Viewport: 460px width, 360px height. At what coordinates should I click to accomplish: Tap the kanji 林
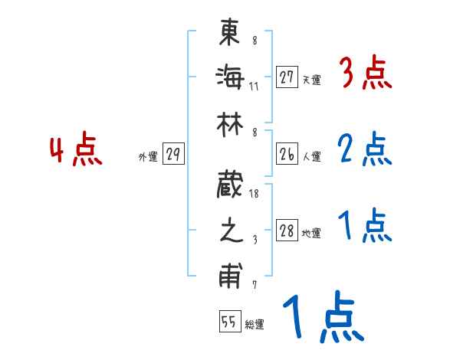pos(230,122)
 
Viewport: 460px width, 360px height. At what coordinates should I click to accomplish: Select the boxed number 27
pos(287,77)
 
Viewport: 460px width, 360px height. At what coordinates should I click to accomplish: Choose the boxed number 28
pos(287,231)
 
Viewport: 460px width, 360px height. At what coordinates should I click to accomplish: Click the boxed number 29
pos(173,155)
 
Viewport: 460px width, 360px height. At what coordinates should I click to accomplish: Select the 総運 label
pos(255,325)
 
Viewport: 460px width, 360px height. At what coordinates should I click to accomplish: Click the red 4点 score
pos(77,150)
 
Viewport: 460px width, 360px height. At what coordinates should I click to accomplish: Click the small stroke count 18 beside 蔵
pos(254,195)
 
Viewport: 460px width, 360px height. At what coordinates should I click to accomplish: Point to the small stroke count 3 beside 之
pos(254,239)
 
